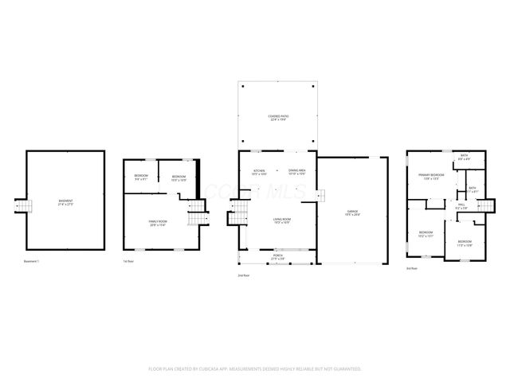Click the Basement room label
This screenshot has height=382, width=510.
(66, 202)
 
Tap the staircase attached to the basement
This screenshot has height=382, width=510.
(24, 207)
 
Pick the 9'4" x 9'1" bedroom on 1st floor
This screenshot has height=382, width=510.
(141, 177)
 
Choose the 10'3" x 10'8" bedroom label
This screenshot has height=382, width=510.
(178, 177)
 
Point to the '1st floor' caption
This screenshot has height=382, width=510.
(127, 260)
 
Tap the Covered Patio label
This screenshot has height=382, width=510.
(278, 118)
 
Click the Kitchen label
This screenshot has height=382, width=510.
(259, 172)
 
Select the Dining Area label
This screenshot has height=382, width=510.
(297, 172)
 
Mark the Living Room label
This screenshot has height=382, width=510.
(282, 220)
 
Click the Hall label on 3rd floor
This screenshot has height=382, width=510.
(461, 206)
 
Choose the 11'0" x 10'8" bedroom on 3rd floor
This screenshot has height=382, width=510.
(465, 243)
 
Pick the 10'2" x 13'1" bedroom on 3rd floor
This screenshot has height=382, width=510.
(426, 234)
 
